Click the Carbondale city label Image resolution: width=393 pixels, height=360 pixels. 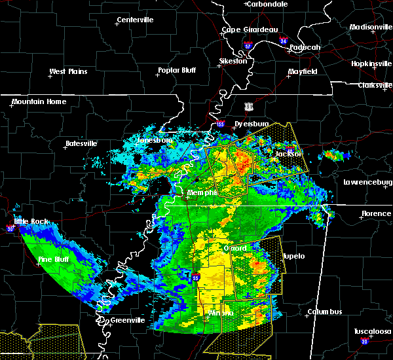[269, 4]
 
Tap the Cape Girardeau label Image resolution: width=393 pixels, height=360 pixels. [250, 29]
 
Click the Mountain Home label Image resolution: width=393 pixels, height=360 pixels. [39, 101]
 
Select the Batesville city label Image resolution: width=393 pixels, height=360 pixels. [81, 143]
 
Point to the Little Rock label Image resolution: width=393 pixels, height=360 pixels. [31, 221]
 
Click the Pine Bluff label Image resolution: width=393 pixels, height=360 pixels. [54, 260]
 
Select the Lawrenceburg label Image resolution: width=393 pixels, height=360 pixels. [367, 182]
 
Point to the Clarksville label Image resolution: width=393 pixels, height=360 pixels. [374, 85]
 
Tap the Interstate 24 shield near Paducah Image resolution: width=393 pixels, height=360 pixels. [283, 41]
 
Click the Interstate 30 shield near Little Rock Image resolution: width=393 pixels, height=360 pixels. [9, 228]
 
